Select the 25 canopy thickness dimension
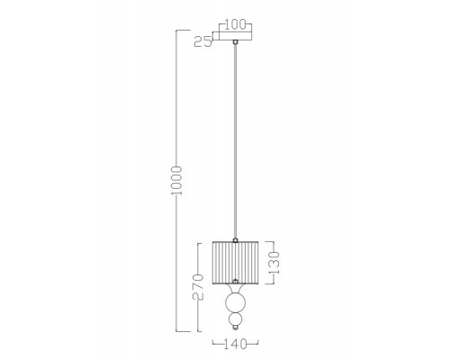coord(203,40)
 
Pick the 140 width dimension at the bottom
coord(236,344)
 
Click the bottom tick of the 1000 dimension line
coord(186,330)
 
